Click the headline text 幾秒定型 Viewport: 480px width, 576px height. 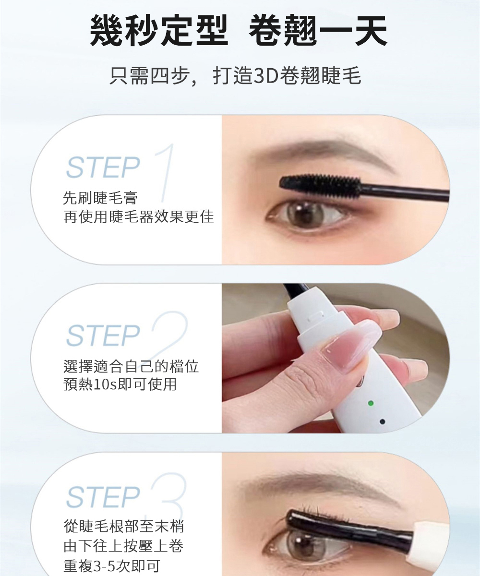[159, 30]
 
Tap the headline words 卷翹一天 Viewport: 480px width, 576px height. [318, 30]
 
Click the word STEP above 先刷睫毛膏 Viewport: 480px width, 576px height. [103, 167]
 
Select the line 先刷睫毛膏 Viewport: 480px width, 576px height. [100, 198]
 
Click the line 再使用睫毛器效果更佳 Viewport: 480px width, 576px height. [139, 216]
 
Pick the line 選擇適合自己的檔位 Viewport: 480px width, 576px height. [131, 366]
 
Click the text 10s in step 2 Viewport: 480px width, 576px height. [106, 384]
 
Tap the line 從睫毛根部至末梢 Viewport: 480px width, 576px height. [123, 526]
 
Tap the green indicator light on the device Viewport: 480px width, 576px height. [371, 403]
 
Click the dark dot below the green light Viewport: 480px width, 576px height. [382, 421]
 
